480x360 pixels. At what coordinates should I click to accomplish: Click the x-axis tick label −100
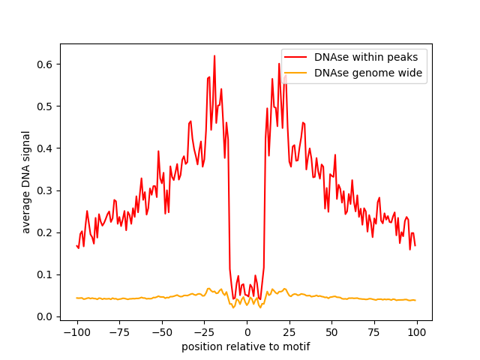click(x=76, y=332)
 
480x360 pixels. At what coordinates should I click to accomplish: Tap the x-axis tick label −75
click(x=119, y=332)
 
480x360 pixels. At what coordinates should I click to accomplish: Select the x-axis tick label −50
click(x=162, y=332)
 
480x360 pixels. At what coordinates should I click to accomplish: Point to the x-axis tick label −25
click(x=204, y=332)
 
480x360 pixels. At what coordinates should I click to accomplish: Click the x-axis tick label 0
click(x=247, y=332)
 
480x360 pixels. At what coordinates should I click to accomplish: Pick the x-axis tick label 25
click(x=289, y=332)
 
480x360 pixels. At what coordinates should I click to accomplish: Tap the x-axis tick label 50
click(x=331, y=332)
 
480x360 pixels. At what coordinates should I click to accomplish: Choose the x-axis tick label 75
click(x=374, y=332)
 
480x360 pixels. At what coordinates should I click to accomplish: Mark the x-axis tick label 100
click(x=417, y=332)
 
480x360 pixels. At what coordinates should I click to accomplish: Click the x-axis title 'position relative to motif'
click(x=246, y=346)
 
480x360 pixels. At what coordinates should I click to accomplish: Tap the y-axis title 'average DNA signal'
click(x=26, y=182)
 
